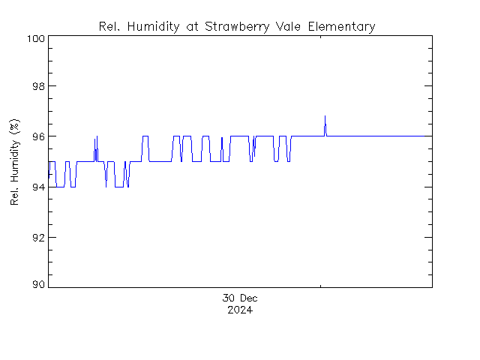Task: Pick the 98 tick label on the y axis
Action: coord(38,86)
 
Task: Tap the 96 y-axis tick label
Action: coord(38,136)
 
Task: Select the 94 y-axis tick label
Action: coord(38,187)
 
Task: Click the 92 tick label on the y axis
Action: coord(38,237)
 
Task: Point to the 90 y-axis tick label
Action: coord(38,285)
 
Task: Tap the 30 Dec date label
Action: coord(240,298)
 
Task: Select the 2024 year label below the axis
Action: coord(240,310)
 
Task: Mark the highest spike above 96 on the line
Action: coord(325,116)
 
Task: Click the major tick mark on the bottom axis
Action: coord(322,284)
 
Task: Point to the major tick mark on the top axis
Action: coord(322,37)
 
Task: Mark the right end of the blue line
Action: coord(431,136)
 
